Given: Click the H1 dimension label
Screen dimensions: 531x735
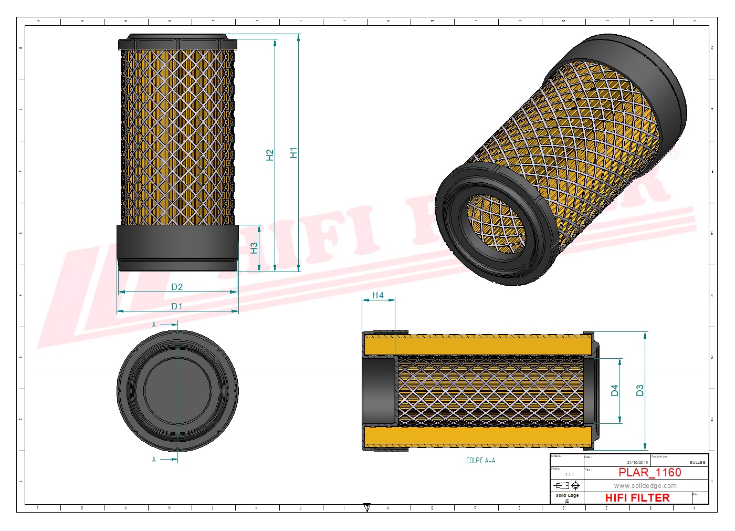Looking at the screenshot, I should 293,153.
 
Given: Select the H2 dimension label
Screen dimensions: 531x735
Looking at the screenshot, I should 270,155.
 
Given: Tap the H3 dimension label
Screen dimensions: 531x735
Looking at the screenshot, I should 254,248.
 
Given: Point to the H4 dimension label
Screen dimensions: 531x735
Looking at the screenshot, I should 378,296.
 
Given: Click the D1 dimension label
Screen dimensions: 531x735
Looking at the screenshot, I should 177,306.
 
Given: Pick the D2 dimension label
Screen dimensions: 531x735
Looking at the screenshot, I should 177,287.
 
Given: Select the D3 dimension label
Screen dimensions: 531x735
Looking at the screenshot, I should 639,390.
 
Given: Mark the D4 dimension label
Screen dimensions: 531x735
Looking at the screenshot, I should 615,390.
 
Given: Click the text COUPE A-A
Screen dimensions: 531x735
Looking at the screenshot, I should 480,461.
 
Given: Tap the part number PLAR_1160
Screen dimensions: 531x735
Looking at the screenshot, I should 649,472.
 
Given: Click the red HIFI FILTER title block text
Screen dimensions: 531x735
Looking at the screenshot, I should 637,497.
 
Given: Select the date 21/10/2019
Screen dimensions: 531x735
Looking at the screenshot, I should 637,462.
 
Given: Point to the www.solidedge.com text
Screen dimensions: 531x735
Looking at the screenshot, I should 645,486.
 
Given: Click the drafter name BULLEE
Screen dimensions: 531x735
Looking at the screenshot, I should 697,462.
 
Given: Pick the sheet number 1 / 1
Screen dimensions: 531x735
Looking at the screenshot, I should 569,474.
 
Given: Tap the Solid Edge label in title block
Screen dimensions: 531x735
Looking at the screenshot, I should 567,495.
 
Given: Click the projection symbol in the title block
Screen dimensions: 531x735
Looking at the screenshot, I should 567,485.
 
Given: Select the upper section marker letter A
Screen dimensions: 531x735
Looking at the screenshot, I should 154,325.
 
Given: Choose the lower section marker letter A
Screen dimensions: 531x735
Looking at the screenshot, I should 154,460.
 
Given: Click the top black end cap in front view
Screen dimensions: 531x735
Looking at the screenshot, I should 177,43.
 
